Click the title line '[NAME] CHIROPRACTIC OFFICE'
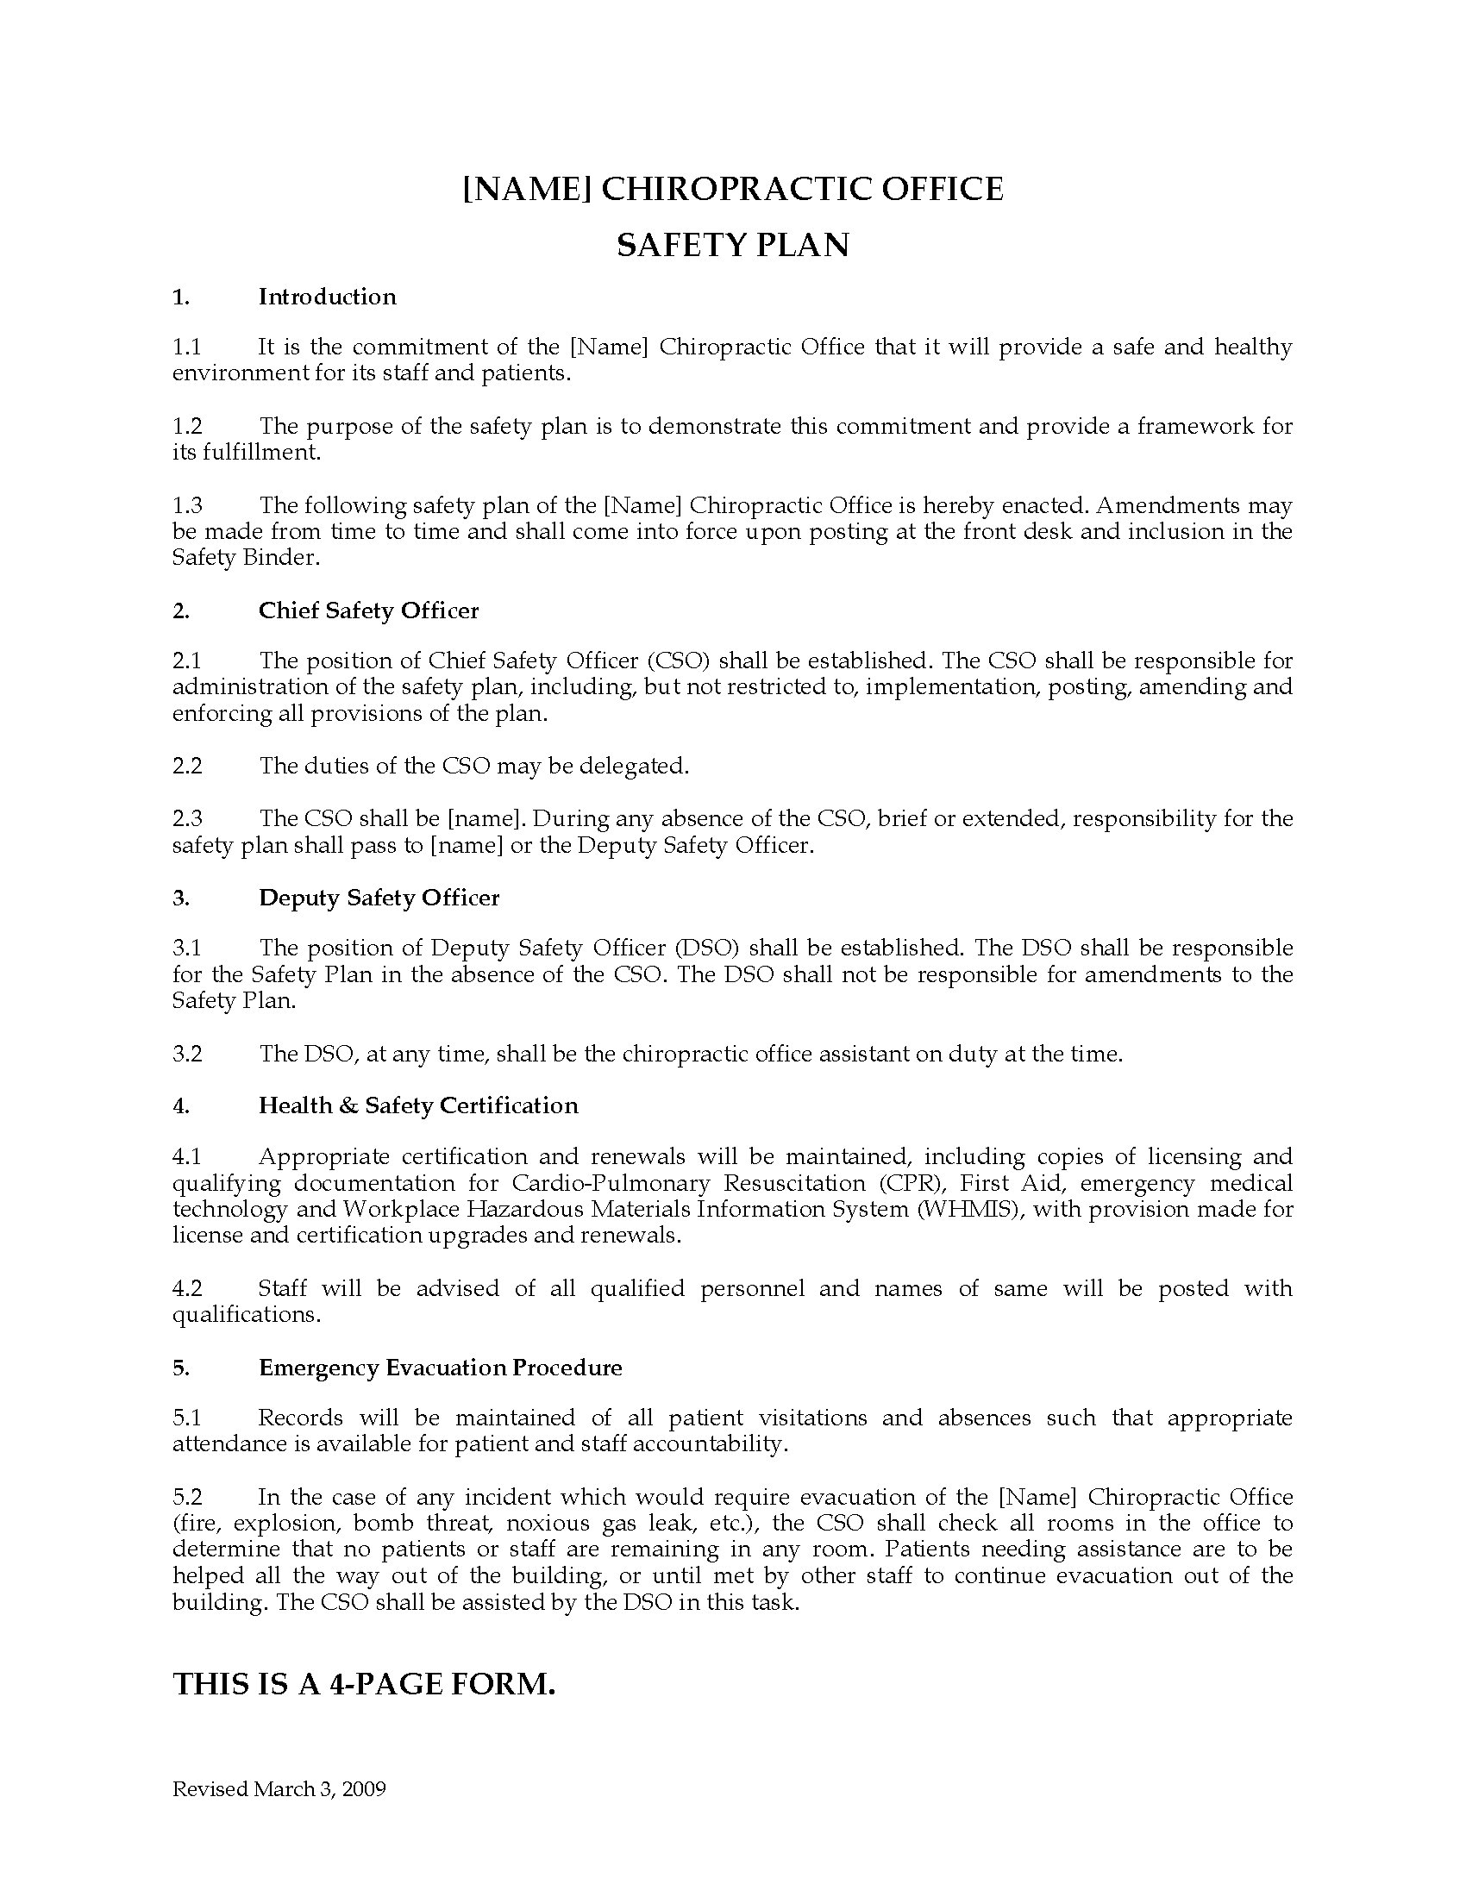tap(732, 189)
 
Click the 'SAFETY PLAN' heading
tap(732, 246)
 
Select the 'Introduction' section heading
tap(328, 297)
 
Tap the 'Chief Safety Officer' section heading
tap(368, 610)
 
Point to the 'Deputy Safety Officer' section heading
tap(379, 898)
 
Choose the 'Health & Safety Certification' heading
tap(417, 1105)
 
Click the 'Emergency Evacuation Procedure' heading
tap(441, 1368)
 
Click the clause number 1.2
tap(187, 427)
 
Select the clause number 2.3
tap(187, 819)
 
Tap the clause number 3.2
tap(187, 1055)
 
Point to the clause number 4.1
tap(187, 1157)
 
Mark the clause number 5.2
tap(187, 1498)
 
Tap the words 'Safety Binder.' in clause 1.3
tap(246, 558)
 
